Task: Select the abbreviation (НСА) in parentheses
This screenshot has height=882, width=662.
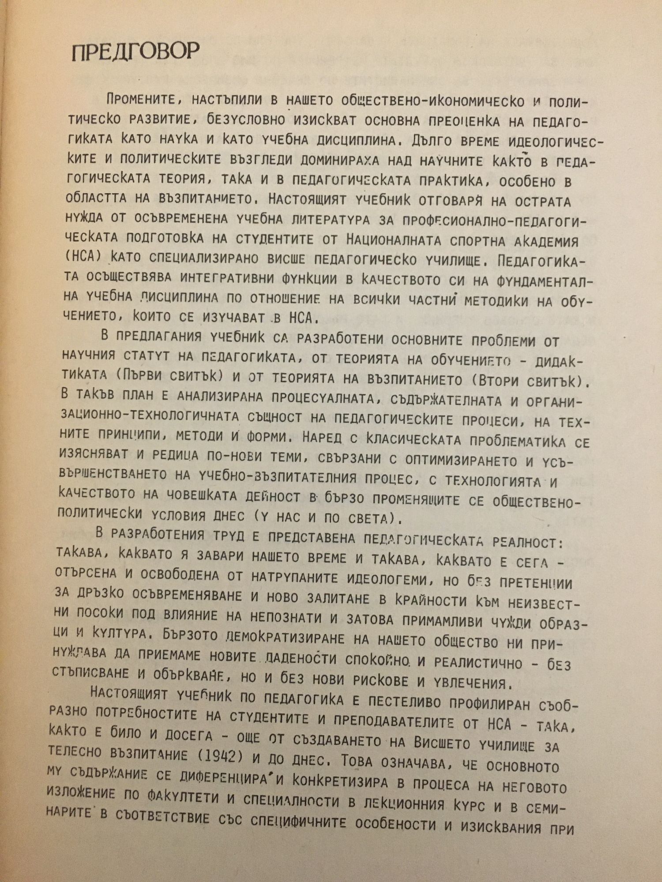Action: (83, 257)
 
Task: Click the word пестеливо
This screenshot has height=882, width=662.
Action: (410, 703)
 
